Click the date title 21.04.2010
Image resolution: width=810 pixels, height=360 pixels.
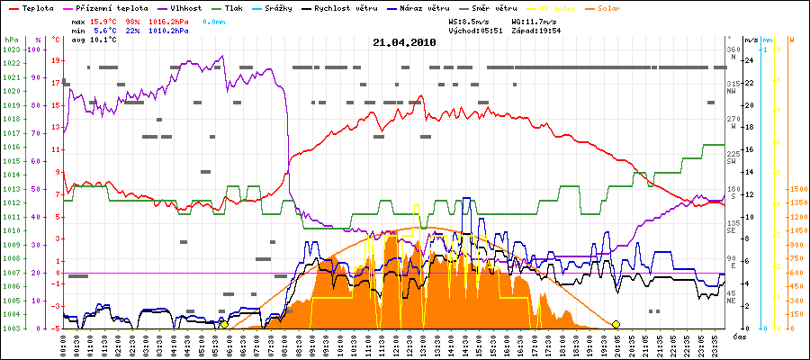tap(404, 42)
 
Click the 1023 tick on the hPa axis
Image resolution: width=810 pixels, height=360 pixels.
tap(11, 49)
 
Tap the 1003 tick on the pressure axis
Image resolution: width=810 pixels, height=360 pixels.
tap(11, 328)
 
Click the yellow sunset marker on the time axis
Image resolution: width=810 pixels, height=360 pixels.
tap(616, 324)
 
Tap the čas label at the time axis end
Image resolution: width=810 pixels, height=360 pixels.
tap(738, 337)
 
